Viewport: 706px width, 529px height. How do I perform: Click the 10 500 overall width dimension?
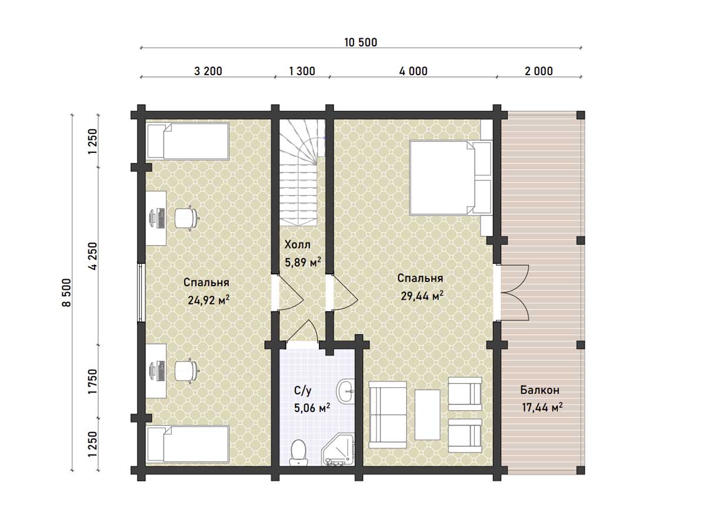tap(360, 42)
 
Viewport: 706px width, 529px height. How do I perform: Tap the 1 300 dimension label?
tap(302, 71)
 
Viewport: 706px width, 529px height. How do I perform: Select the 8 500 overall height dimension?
tap(66, 292)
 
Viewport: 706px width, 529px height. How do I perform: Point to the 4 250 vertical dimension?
tap(92, 256)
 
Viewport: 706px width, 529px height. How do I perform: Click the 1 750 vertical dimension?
tap(92, 381)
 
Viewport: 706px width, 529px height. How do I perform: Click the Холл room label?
tap(298, 245)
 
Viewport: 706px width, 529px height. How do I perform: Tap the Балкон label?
tap(540, 390)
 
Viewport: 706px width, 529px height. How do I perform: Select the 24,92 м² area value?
tap(208, 300)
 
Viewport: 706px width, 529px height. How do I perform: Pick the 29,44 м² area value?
tap(422, 296)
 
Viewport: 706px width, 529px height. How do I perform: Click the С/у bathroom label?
tap(302, 391)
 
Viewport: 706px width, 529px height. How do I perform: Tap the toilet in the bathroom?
tap(298, 453)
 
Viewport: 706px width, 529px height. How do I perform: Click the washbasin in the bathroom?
tap(345, 391)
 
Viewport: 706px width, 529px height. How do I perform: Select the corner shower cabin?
tap(338, 449)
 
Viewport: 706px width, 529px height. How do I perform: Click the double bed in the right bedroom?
tap(451, 178)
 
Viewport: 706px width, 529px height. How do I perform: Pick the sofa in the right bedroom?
tap(388, 414)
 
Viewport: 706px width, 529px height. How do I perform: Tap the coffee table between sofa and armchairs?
tap(428, 414)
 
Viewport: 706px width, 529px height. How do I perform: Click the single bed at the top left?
tap(188, 141)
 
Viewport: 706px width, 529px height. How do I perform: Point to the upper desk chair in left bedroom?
tap(186, 218)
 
